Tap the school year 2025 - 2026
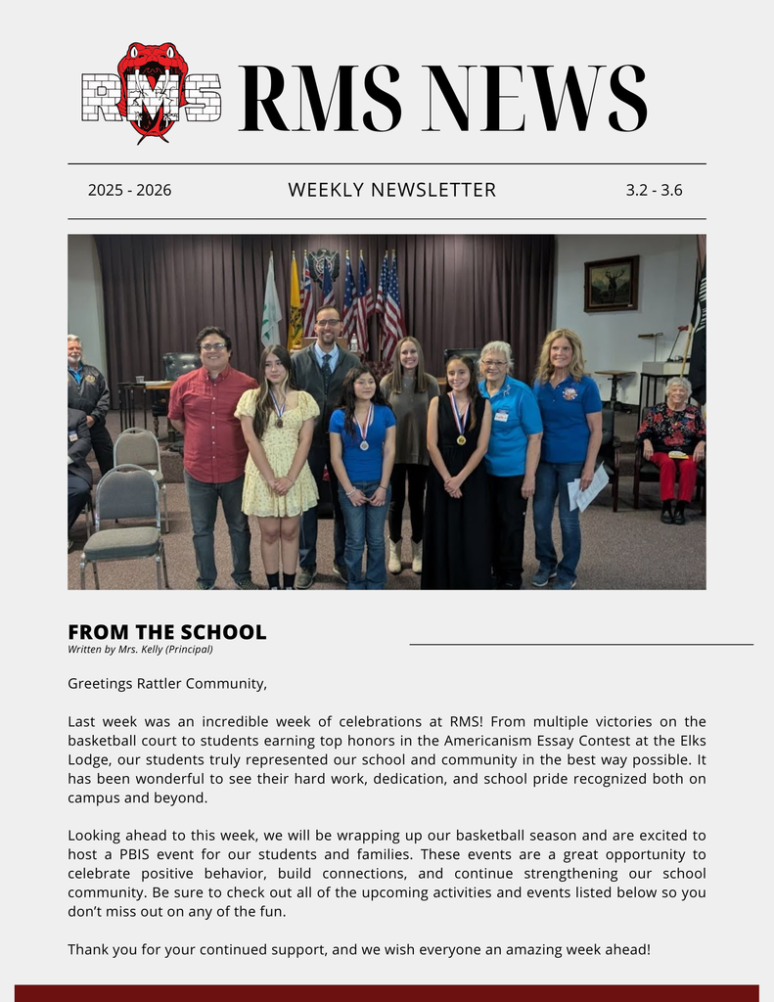(129, 191)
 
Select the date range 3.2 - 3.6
(654, 191)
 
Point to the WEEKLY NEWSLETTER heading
(391, 190)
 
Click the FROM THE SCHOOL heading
(166, 632)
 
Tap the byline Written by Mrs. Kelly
(140, 649)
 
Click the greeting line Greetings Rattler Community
(167, 683)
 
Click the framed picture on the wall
(611, 284)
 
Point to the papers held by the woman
(588, 488)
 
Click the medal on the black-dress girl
(461, 438)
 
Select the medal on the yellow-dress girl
(278, 421)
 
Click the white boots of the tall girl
(406, 556)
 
